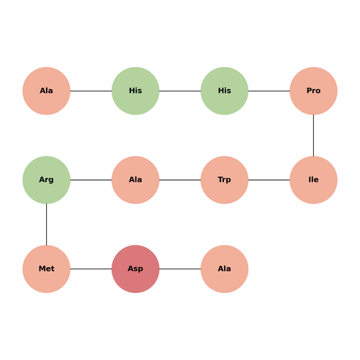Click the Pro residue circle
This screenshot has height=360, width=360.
pos(313,91)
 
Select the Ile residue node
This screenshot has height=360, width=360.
pos(313,180)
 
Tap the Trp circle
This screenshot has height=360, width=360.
pos(225,180)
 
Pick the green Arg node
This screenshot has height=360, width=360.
pos(46,180)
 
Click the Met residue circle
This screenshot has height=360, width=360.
pos(46,269)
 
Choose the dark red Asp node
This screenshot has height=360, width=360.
pos(135,269)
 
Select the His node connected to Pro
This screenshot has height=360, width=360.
pos(225,91)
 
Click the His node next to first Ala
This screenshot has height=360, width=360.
pos(135,91)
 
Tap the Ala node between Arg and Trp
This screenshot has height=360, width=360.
pos(135,180)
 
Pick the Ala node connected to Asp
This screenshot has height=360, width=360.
pos(225,269)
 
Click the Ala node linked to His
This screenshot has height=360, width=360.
pos(46,91)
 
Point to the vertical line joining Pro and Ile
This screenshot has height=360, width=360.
pos(313,135)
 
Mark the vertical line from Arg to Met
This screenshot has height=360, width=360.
pos(46,225)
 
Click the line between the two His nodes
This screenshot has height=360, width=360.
pos(180,91)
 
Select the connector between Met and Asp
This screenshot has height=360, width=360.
pos(91,269)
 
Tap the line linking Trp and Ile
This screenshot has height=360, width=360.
pos(269,180)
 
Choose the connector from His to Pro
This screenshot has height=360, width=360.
pos(269,91)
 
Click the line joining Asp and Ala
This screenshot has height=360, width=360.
pos(180,269)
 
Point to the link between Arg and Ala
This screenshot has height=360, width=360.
pos(91,180)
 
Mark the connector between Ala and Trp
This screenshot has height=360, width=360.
pos(180,180)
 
